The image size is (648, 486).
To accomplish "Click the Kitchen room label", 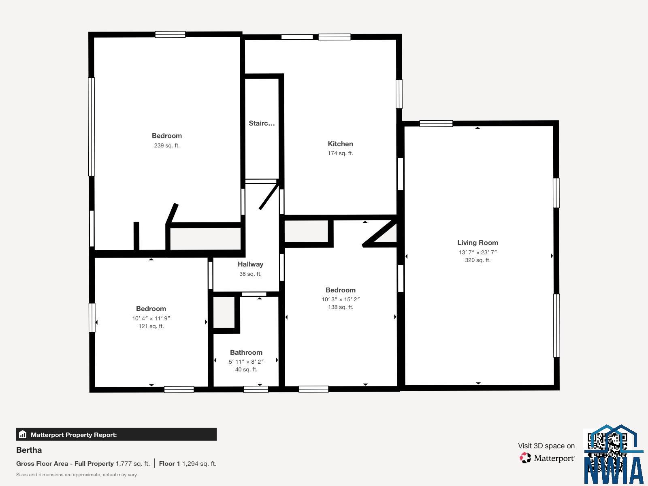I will point(340,144).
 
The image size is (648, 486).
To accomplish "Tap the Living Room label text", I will point(477,243).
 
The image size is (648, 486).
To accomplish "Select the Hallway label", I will point(250,264).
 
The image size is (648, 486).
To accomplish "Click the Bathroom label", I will point(246,352).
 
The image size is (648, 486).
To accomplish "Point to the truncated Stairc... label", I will point(262,123).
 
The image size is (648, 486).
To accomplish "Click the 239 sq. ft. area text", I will point(166,145).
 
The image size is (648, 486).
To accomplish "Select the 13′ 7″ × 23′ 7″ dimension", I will point(477,252).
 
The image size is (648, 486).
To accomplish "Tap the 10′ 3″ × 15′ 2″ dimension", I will point(340,299).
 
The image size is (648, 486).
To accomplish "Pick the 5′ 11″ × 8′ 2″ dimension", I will point(246,362).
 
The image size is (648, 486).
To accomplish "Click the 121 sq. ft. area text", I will point(151,326).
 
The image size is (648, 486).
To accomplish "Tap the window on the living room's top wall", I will point(436,124).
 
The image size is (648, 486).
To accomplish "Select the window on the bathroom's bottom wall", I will point(256,389).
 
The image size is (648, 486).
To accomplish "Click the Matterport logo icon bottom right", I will point(525,458).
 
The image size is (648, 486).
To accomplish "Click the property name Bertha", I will point(29,450).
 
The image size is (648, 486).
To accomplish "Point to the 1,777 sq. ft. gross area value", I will point(132,464).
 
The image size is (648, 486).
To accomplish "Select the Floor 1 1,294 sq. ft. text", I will point(188,464).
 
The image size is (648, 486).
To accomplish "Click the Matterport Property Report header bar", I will point(116,435).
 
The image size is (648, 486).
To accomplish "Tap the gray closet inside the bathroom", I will point(224,312).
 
